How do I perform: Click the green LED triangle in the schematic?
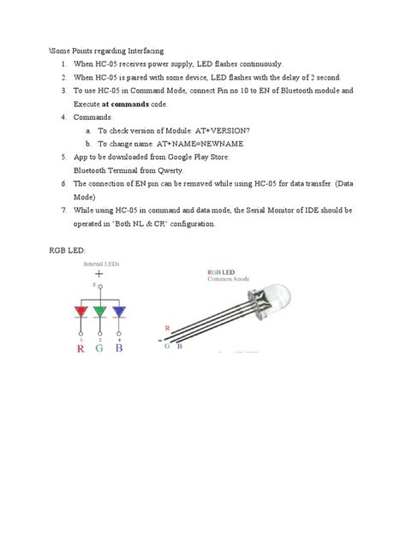pyautogui.click(x=101, y=312)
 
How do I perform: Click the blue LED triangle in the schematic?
pyautogui.click(x=118, y=312)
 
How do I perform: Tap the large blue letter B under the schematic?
pyautogui.click(x=120, y=349)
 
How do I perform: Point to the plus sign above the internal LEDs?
pyautogui.click(x=99, y=276)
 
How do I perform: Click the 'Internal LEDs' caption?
pyautogui.click(x=100, y=265)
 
